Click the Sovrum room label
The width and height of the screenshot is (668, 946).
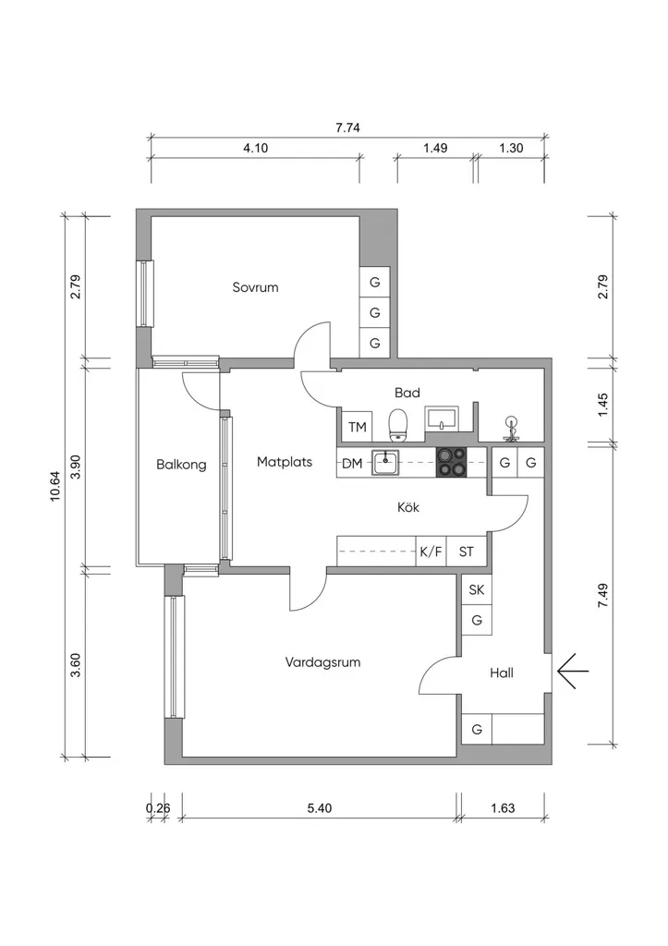(255, 287)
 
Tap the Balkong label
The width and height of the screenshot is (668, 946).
(181, 465)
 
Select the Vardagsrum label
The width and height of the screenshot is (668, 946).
(322, 661)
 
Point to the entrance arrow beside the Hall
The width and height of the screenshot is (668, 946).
(572, 671)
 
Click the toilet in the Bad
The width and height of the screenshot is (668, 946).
(397, 425)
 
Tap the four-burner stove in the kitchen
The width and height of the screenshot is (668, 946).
(452, 463)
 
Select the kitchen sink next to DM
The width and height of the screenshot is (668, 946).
(385, 463)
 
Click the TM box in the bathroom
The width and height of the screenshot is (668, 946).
(358, 427)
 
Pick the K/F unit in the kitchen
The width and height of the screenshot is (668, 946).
(431, 552)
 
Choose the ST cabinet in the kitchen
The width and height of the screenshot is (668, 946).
(467, 552)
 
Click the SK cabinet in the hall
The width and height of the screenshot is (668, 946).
(477, 589)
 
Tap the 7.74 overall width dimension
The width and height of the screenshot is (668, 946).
(347, 127)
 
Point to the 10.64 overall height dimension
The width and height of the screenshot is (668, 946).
(55, 486)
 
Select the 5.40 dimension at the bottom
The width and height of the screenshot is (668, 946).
(319, 807)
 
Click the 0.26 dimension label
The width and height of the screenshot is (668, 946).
(158, 807)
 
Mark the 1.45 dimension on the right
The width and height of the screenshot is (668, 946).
(602, 405)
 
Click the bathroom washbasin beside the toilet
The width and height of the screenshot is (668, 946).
(443, 418)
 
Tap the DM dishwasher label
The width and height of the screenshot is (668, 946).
(352, 464)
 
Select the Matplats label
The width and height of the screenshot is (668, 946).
(285, 462)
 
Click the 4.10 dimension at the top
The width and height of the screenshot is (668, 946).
(255, 148)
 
